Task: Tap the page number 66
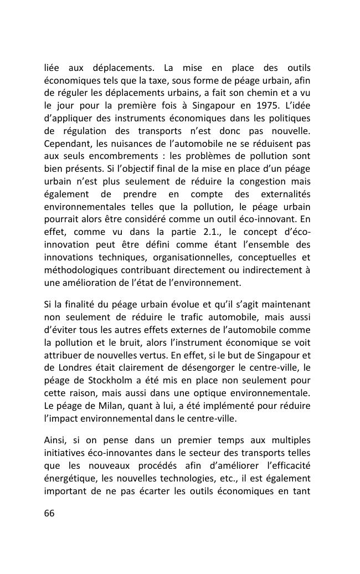pyautogui.click(x=49, y=513)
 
